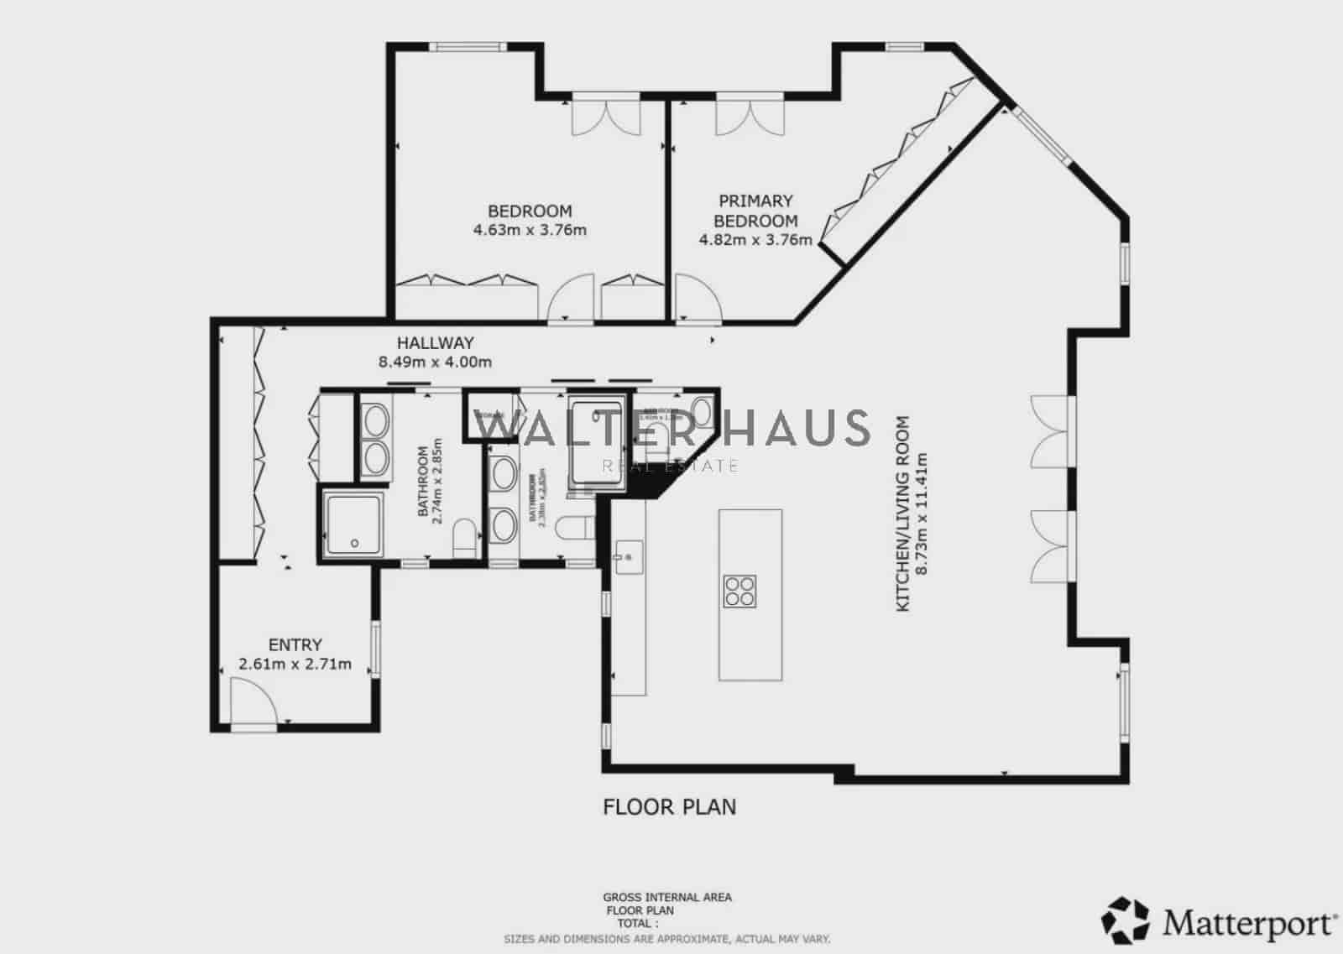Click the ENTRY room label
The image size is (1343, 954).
[295, 644]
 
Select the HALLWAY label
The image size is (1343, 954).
[435, 342]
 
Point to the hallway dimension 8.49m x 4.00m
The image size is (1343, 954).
[435, 362]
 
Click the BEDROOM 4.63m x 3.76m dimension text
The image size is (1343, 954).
[530, 230]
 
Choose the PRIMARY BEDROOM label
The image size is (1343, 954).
[755, 211]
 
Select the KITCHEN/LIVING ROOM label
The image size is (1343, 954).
[903, 513]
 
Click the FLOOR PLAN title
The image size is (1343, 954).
[669, 807]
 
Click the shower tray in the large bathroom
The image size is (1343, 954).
[353, 524]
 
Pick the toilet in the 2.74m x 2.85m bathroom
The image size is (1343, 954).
[465, 537]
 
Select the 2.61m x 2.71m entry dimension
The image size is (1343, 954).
[295, 665]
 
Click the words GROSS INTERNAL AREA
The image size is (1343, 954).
[667, 897]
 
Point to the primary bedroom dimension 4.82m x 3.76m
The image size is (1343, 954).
[755, 241]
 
